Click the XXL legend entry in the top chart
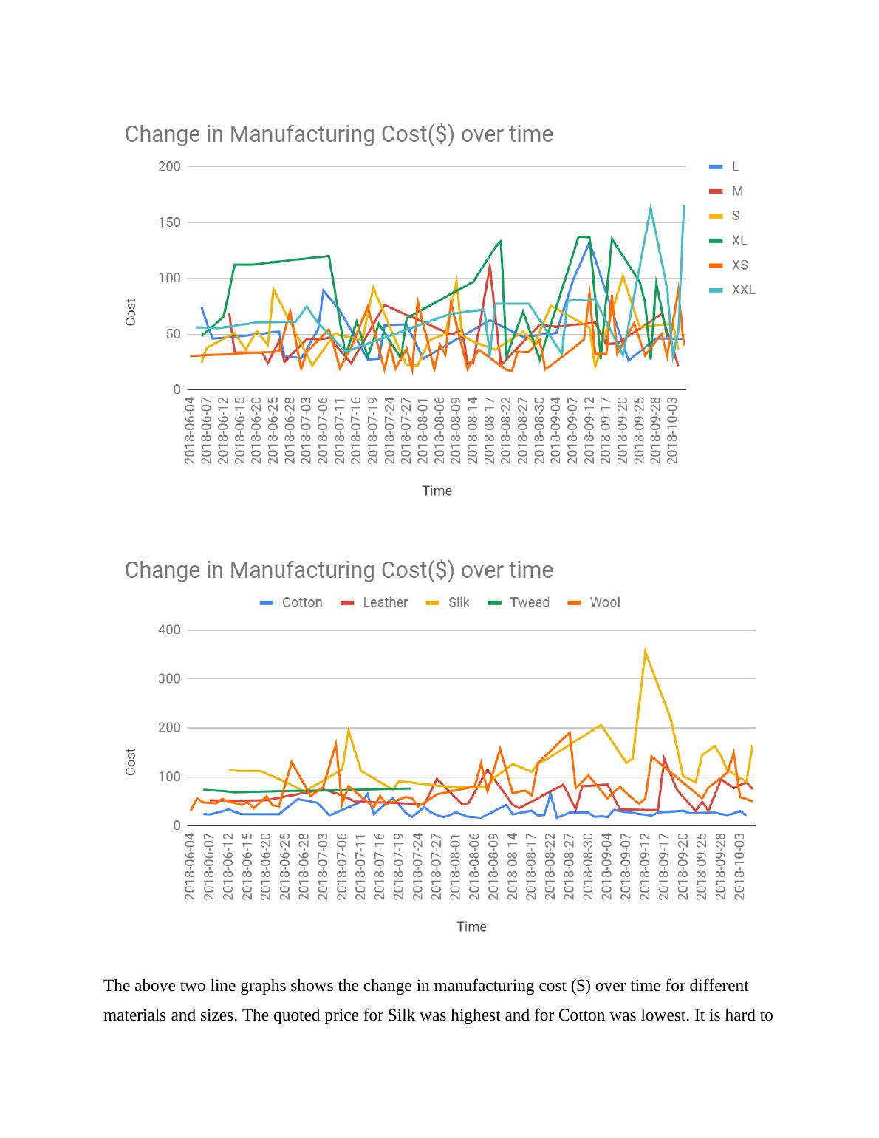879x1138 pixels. tap(742, 290)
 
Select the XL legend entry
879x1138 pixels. tap(738, 240)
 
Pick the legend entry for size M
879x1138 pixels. tap(736, 191)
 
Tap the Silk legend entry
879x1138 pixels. tap(458, 602)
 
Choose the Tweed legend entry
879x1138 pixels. tap(529, 602)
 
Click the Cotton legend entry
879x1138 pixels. tap(301, 602)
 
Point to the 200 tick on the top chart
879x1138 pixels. tap(169, 166)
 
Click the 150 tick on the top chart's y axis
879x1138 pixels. tap(169, 222)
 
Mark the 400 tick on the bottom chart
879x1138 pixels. tap(169, 630)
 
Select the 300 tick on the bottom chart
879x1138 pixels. tap(169, 678)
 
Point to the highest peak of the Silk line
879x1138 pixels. tap(645, 651)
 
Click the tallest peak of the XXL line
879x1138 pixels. tap(650, 208)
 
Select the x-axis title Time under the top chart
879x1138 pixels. tap(437, 491)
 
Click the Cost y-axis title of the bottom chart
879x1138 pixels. tap(131, 761)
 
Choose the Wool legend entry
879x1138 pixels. tap(604, 602)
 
